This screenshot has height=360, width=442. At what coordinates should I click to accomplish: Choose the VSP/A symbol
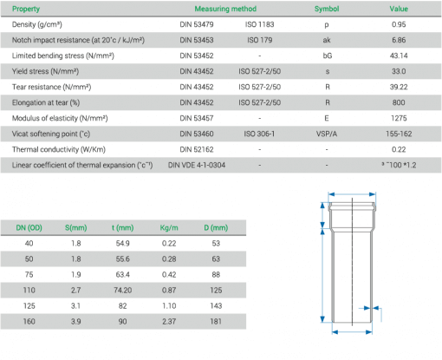pyautogui.click(x=326, y=133)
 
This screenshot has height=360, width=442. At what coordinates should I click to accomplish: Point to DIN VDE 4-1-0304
pyautogui.click(x=197, y=164)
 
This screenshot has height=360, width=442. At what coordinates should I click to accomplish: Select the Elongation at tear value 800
pyautogui.click(x=398, y=101)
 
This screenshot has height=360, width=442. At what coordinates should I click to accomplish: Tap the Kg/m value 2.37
pyautogui.click(x=168, y=321)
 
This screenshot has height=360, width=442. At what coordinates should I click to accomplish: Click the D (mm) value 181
pyautogui.click(x=216, y=321)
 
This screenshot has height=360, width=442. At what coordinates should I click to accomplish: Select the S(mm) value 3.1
pyautogui.click(x=75, y=305)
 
